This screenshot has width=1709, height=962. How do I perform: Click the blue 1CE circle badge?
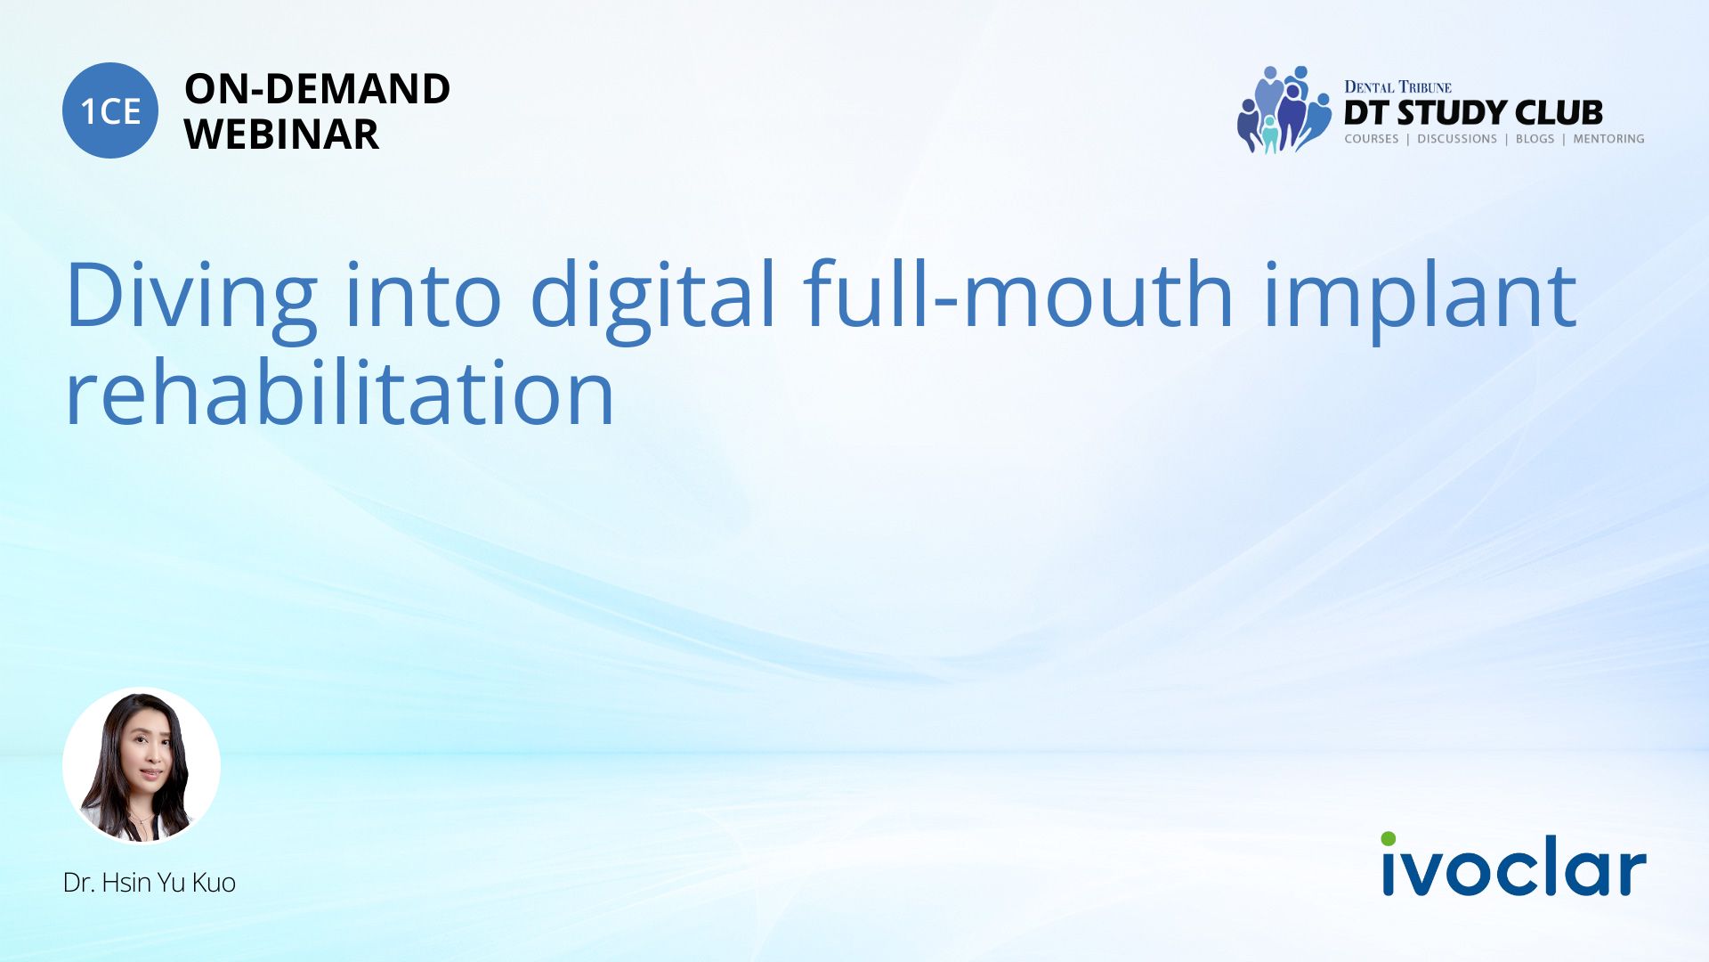110,110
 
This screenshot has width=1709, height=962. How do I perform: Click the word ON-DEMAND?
317,89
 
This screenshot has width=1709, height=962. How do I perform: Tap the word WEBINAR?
281,135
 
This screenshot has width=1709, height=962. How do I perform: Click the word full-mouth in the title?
1018,293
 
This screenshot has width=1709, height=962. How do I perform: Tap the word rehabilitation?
340,391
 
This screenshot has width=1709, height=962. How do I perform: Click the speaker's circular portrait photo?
142,765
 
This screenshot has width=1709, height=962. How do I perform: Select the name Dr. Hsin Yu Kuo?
150,883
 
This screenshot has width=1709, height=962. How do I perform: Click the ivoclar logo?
1513,864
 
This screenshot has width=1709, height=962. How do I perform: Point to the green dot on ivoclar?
1389,839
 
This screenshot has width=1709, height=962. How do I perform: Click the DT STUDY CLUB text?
1473,113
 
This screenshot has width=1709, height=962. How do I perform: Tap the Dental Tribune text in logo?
1397,86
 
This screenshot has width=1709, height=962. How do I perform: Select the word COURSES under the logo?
1372,139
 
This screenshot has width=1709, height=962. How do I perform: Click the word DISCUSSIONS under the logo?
1457,139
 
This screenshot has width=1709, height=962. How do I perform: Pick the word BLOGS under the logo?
1535,139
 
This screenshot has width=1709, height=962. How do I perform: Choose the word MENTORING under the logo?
1608,139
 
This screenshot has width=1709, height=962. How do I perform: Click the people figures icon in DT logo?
1284,110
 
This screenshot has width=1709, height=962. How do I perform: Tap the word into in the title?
424,293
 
